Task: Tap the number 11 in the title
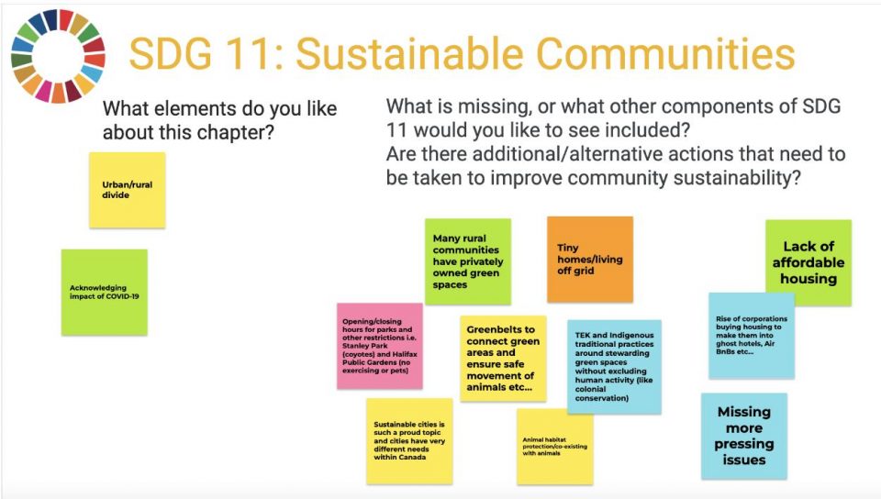pos(251,54)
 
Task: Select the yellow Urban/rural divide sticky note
pos(128,190)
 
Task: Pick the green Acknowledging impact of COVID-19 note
pos(105,292)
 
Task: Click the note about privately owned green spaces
pos(468,261)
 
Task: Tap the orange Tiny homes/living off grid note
pos(590,259)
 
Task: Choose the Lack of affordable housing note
pos(809,262)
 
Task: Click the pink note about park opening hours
pos(380,346)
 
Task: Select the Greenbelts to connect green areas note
pos(503,358)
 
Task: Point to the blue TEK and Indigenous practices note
pos(614,367)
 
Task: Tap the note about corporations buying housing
pos(752,336)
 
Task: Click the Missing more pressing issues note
pos(744,436)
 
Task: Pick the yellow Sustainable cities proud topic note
pos(409,441)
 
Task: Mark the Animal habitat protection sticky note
pos(555,446)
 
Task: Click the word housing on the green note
pos(809,279)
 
